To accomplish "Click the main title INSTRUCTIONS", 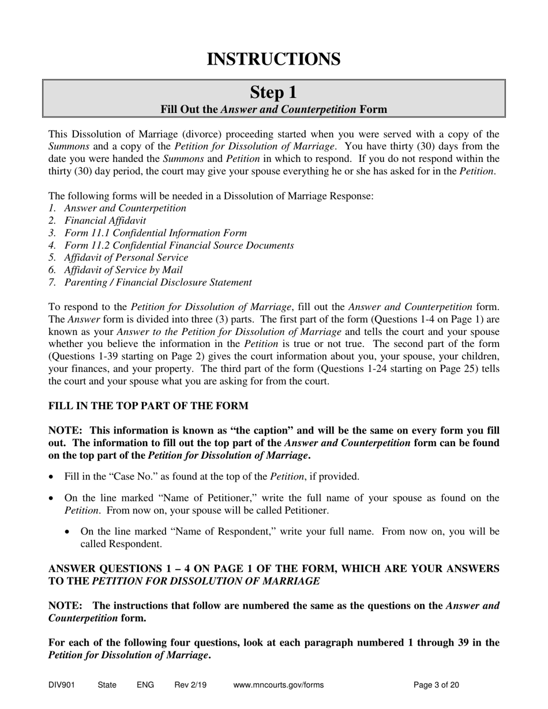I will point(273,59).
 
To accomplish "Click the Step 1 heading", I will point(273,92).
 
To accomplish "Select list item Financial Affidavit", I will point(105,220).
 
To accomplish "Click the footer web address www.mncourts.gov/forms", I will point(279,685).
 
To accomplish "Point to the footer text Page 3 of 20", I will point(437,685).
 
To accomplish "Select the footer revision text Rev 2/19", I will point(190,685).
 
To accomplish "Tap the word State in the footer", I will point(107,685).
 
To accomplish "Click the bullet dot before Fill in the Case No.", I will point(53,477).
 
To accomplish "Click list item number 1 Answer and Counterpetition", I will point(125,208).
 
